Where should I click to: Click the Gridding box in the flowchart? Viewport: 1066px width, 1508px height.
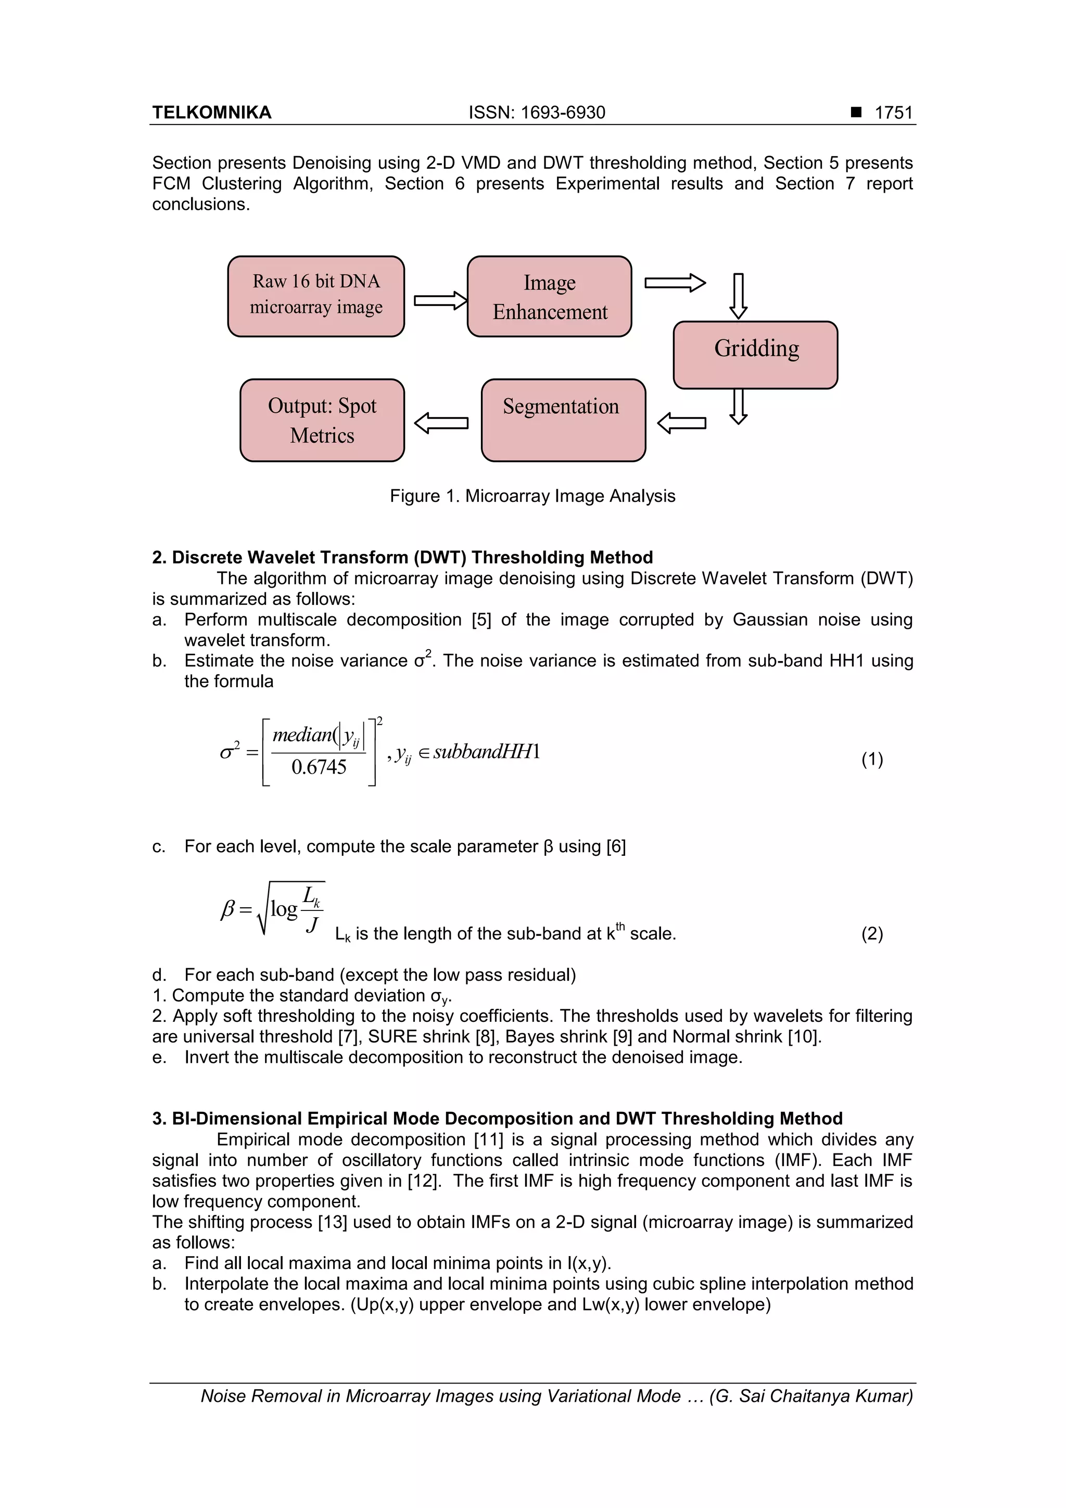[755, 354]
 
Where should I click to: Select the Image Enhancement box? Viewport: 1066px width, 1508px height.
[549, 296]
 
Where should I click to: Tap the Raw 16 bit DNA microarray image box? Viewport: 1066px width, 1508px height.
[316, 296]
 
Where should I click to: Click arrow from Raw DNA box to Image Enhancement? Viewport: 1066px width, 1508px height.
[440, 300]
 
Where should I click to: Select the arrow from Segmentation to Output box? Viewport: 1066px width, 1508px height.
[441, 423]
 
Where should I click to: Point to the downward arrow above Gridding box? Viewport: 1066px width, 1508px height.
[738, 296]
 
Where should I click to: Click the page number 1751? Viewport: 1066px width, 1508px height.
[893, 113]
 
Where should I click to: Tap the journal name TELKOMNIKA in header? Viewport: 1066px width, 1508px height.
[211, 113]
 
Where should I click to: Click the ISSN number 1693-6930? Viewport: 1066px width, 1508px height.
[562, 113]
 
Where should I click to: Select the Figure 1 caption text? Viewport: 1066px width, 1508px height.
[532, 496]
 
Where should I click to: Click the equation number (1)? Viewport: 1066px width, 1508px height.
[871, 759]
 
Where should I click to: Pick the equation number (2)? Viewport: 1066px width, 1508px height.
[871, 933]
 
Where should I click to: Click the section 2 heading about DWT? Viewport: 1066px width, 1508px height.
[402, 557]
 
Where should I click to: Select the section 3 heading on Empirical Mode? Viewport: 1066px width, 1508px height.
[497, 1119]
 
